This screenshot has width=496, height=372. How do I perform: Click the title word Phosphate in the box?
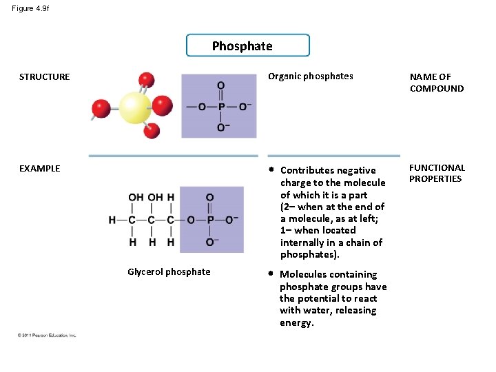(242, 46)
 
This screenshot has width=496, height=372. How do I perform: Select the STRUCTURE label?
(44, 77)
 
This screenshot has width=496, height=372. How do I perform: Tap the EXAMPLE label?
(39, 168)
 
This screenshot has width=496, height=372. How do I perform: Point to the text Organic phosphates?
(310, 76)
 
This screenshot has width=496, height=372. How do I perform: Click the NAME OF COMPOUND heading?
(437, 83)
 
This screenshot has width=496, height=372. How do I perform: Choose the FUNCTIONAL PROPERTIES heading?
(437, 173)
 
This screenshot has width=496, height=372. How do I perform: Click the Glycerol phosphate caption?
(169, 272)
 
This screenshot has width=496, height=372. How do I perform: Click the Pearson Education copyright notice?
(47, 335)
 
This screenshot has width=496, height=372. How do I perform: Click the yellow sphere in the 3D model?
(135, 107)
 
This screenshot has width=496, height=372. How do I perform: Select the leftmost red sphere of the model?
(101, 109)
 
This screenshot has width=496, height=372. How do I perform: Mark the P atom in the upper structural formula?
(220, 107)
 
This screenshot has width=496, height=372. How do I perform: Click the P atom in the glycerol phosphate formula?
(209, 220)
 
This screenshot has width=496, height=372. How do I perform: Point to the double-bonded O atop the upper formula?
(220, 85)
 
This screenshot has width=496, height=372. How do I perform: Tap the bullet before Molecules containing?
(271, 274)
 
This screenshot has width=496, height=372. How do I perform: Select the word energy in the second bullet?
(296, 323)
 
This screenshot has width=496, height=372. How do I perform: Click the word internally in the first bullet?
(303, 242)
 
